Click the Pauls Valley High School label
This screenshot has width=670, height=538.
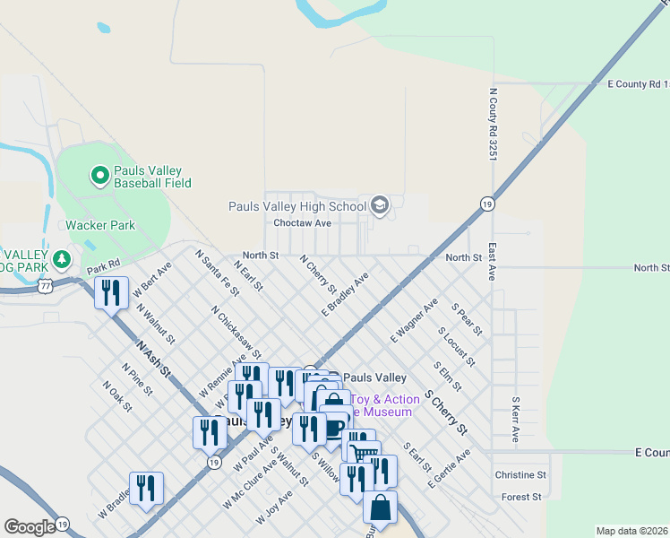297,206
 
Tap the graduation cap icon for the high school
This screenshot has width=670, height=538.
380,206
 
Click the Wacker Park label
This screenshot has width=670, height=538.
99,225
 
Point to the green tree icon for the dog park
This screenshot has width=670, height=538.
62,260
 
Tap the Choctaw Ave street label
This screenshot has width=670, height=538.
302,222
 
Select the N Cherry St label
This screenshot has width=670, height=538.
317,275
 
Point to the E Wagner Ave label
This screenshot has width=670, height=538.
414,320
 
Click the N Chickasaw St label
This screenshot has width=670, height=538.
236,332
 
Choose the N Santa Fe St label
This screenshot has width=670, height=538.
218,273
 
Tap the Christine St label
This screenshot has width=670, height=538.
520,474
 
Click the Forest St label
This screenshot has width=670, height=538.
522,496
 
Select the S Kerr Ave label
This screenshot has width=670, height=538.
515,420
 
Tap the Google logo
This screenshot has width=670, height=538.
30,527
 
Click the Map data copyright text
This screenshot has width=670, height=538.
632,531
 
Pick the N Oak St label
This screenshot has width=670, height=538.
116,396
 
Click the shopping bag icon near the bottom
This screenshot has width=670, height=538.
380,508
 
